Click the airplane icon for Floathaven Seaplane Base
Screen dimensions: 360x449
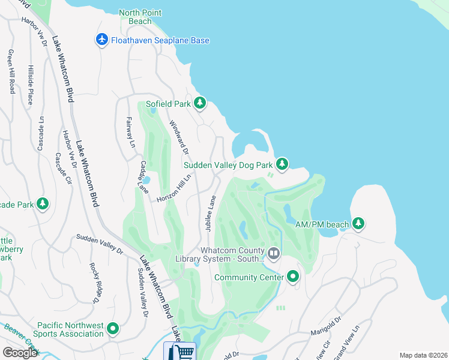point(101,40)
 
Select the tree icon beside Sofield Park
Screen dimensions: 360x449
point(199,104)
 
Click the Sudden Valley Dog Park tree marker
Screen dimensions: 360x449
point(282,164)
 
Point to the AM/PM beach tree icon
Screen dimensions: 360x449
point(358,224)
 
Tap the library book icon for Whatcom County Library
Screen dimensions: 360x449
point(274,254)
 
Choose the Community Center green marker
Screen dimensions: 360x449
point(293,277)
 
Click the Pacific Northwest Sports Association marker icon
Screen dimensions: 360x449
point(112,328)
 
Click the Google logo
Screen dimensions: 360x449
point(20,352)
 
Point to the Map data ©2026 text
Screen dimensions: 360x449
point(423,355)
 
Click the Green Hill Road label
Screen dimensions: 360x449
point(11,71)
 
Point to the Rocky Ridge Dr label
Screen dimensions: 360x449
point(96,282)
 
